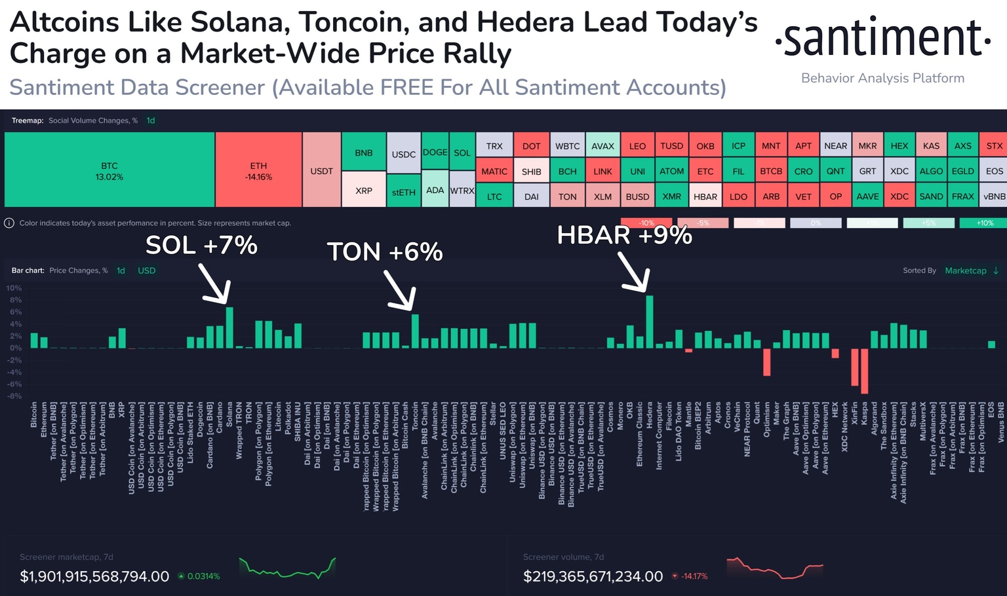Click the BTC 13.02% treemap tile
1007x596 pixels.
click(109, 170)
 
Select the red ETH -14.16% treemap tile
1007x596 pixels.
click(258, 170)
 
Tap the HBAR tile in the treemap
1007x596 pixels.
click(705, 196)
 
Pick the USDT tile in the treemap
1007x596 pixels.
click(321, 170)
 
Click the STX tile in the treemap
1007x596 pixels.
click(994, 146)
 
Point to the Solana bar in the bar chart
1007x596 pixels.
click(229, 327)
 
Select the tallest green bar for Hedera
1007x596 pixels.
click(650, 322)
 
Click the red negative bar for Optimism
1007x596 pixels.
click(766, 362)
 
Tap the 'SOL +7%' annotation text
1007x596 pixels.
click(201, 246)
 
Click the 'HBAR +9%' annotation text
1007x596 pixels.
click(624, 235)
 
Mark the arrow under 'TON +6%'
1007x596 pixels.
click(400, 291)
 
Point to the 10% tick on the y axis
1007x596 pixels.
click(14, 288)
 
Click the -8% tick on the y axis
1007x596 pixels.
click(14, 396)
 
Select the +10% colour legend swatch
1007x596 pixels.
click(984, 223)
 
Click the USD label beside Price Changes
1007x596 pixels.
click(147, 270)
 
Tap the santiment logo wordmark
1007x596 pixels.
click(882, 37)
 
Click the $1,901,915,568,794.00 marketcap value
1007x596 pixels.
click(94, 576)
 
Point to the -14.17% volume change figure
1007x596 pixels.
click(694, 576)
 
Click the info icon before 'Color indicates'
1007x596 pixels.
click(9, 223)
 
